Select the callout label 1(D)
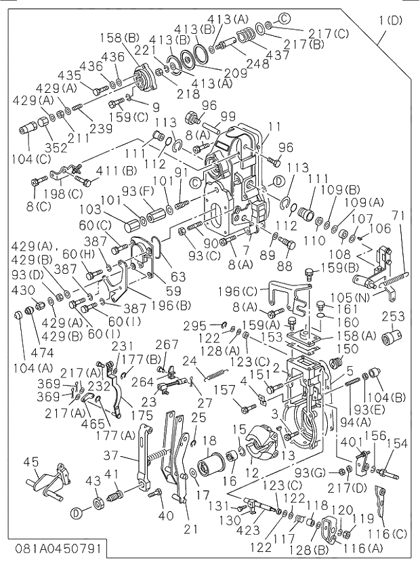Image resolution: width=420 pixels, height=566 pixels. [390, 20]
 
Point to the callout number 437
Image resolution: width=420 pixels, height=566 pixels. [276, 53]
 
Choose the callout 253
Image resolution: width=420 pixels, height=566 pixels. [394, 317]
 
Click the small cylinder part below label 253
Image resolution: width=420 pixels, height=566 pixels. [392, 337]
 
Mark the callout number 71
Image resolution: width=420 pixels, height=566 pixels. [399, 216]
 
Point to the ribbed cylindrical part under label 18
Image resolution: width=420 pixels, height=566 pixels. [210, 468]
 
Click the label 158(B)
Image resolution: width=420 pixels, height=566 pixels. [123, 37]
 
